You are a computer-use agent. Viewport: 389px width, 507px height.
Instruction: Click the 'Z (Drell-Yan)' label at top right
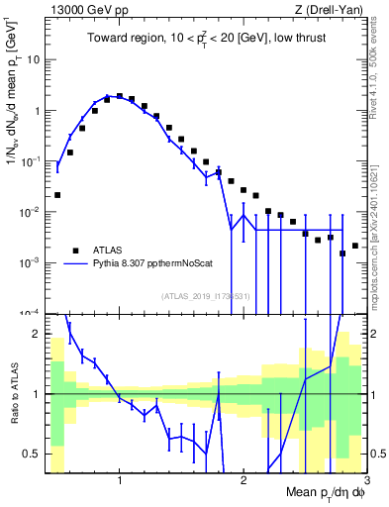coord(333,9)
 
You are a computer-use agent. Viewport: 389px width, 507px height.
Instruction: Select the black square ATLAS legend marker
coord(74,250)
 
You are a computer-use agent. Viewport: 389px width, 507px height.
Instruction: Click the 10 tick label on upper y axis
coord(33,59)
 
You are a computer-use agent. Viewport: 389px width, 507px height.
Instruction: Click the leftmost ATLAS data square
coord(57,195)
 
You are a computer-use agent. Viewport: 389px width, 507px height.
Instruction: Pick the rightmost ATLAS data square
coord(354,246)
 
